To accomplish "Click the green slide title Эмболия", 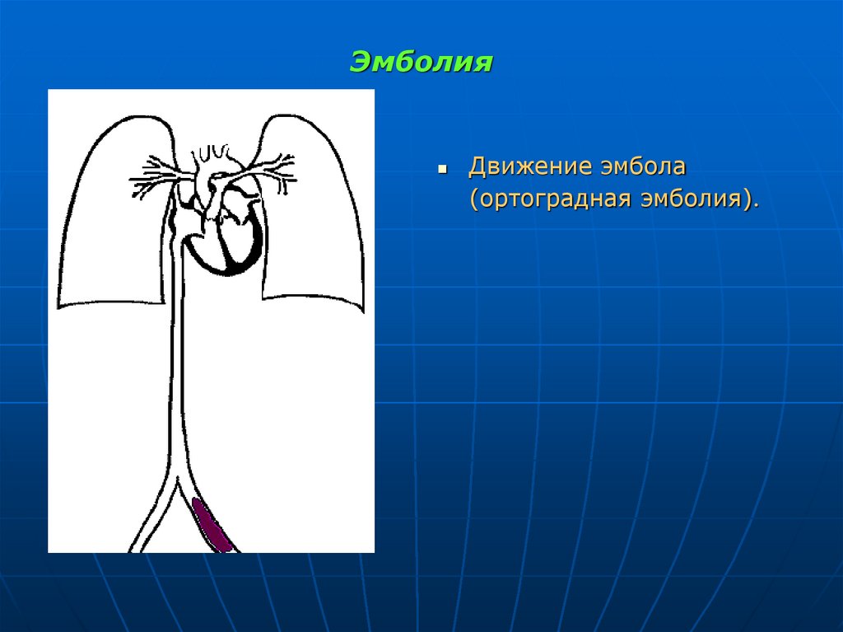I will [x=421, y=62].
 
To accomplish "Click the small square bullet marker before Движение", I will [x=442, y=168].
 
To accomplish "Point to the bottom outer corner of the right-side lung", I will [x=361, y=311].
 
